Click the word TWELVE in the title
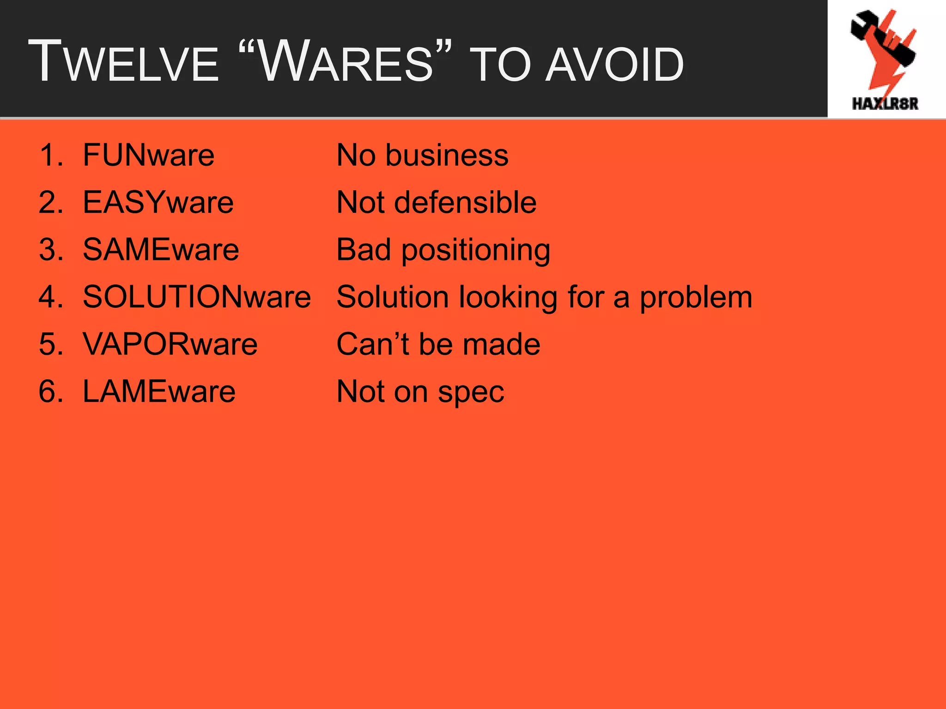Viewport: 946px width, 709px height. pyautogui.click(x=123, y=62)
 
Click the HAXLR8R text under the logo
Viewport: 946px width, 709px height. pyautogui.click(x=885, y=104)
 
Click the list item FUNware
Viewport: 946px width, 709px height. pyautogui.click(x=148, y=155)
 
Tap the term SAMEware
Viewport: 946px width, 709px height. pyautogui.click(x=161, y=250)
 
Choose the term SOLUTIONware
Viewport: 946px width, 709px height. pyautogui.click(x=197, y=297)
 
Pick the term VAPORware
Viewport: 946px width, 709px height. pyautogui.click(x=170, y=344)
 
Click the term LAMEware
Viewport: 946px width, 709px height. pyautogui.click(x=159, y=391)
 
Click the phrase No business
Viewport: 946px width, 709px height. pyautogui.click(x=422, y=155)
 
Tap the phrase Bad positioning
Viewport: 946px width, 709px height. pyautogui.click(x=443, y=251)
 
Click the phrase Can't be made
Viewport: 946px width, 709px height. pyautogui.click(x=438, y=344)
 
